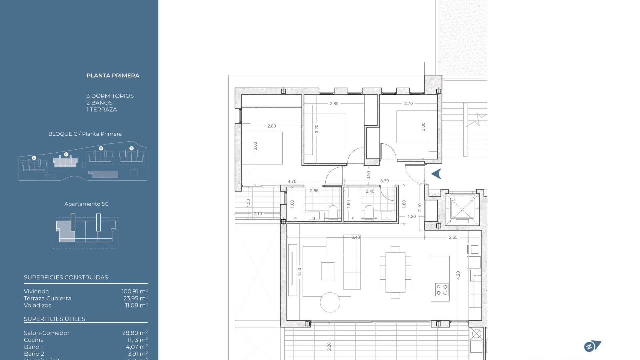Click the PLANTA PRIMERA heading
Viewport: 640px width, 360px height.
[113, 76]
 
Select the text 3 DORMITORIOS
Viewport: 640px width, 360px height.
[110, 96]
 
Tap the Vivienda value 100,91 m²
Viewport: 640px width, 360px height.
[134, 291]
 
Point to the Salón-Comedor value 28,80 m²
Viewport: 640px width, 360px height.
[135, 333]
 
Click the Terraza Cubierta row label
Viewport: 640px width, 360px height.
[47, 298]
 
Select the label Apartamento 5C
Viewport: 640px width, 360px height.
[86, 204]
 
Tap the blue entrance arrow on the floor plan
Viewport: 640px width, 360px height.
[436, 174]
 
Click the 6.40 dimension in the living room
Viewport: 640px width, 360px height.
[355, 237]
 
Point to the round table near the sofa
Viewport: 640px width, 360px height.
[330, 302]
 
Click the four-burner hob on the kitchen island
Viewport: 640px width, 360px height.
[442, 290]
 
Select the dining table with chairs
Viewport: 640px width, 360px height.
[395, 272]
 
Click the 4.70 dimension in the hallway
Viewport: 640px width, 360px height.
[292, 181]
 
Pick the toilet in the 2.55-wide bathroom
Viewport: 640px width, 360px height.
[333, 212]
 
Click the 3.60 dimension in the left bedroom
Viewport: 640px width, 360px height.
[255, 146]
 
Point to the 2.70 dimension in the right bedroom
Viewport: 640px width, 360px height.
[408, 103]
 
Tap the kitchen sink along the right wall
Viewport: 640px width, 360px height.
[475, 276]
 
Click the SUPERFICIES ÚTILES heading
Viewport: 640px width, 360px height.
[54, 319]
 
